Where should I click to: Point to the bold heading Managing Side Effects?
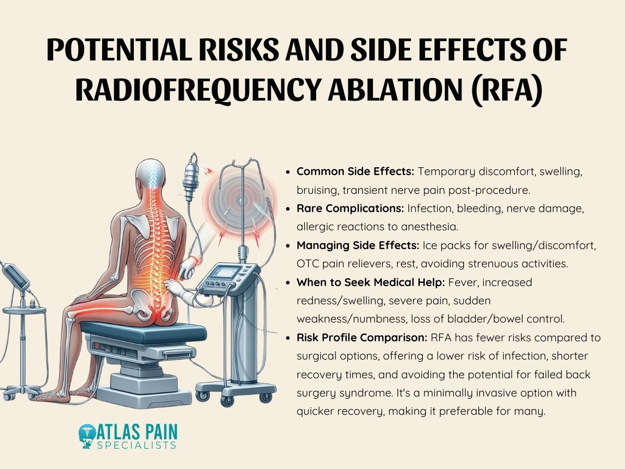click(x=358, y=244)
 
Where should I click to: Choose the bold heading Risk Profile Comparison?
click(x=362, y=338)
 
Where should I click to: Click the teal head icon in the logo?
click(x=86, y=437)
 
